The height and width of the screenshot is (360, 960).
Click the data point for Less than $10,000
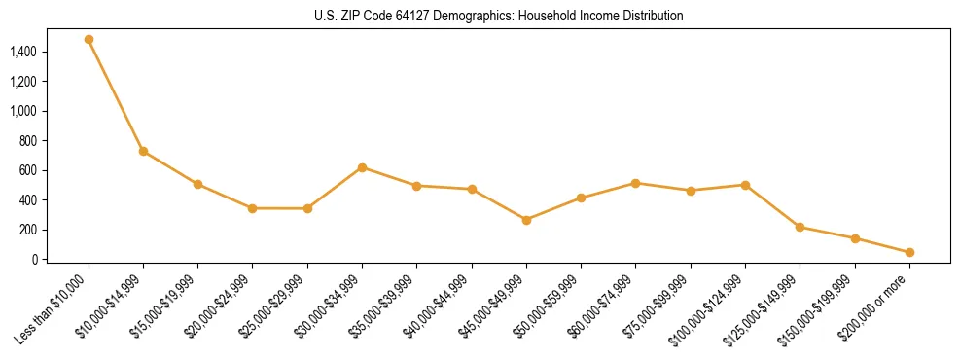point(89,40)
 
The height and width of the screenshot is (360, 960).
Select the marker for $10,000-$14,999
point(143,151)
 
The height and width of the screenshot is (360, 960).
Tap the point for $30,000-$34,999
point(362,167)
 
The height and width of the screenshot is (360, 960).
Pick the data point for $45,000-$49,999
point(526,220)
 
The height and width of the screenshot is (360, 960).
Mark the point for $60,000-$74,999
point(635,183)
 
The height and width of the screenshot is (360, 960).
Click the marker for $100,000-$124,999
point(745,185)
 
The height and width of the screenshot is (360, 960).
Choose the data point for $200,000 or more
point(909,252)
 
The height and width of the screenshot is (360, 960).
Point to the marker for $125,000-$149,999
point(800,227)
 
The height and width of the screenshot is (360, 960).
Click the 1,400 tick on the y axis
point(23,52)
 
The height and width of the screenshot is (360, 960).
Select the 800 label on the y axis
point(28,141)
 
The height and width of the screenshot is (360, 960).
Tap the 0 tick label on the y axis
point(34,260)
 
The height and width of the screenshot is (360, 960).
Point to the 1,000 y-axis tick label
point(23,111)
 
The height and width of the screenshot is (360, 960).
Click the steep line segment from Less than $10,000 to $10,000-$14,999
point(116,95)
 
